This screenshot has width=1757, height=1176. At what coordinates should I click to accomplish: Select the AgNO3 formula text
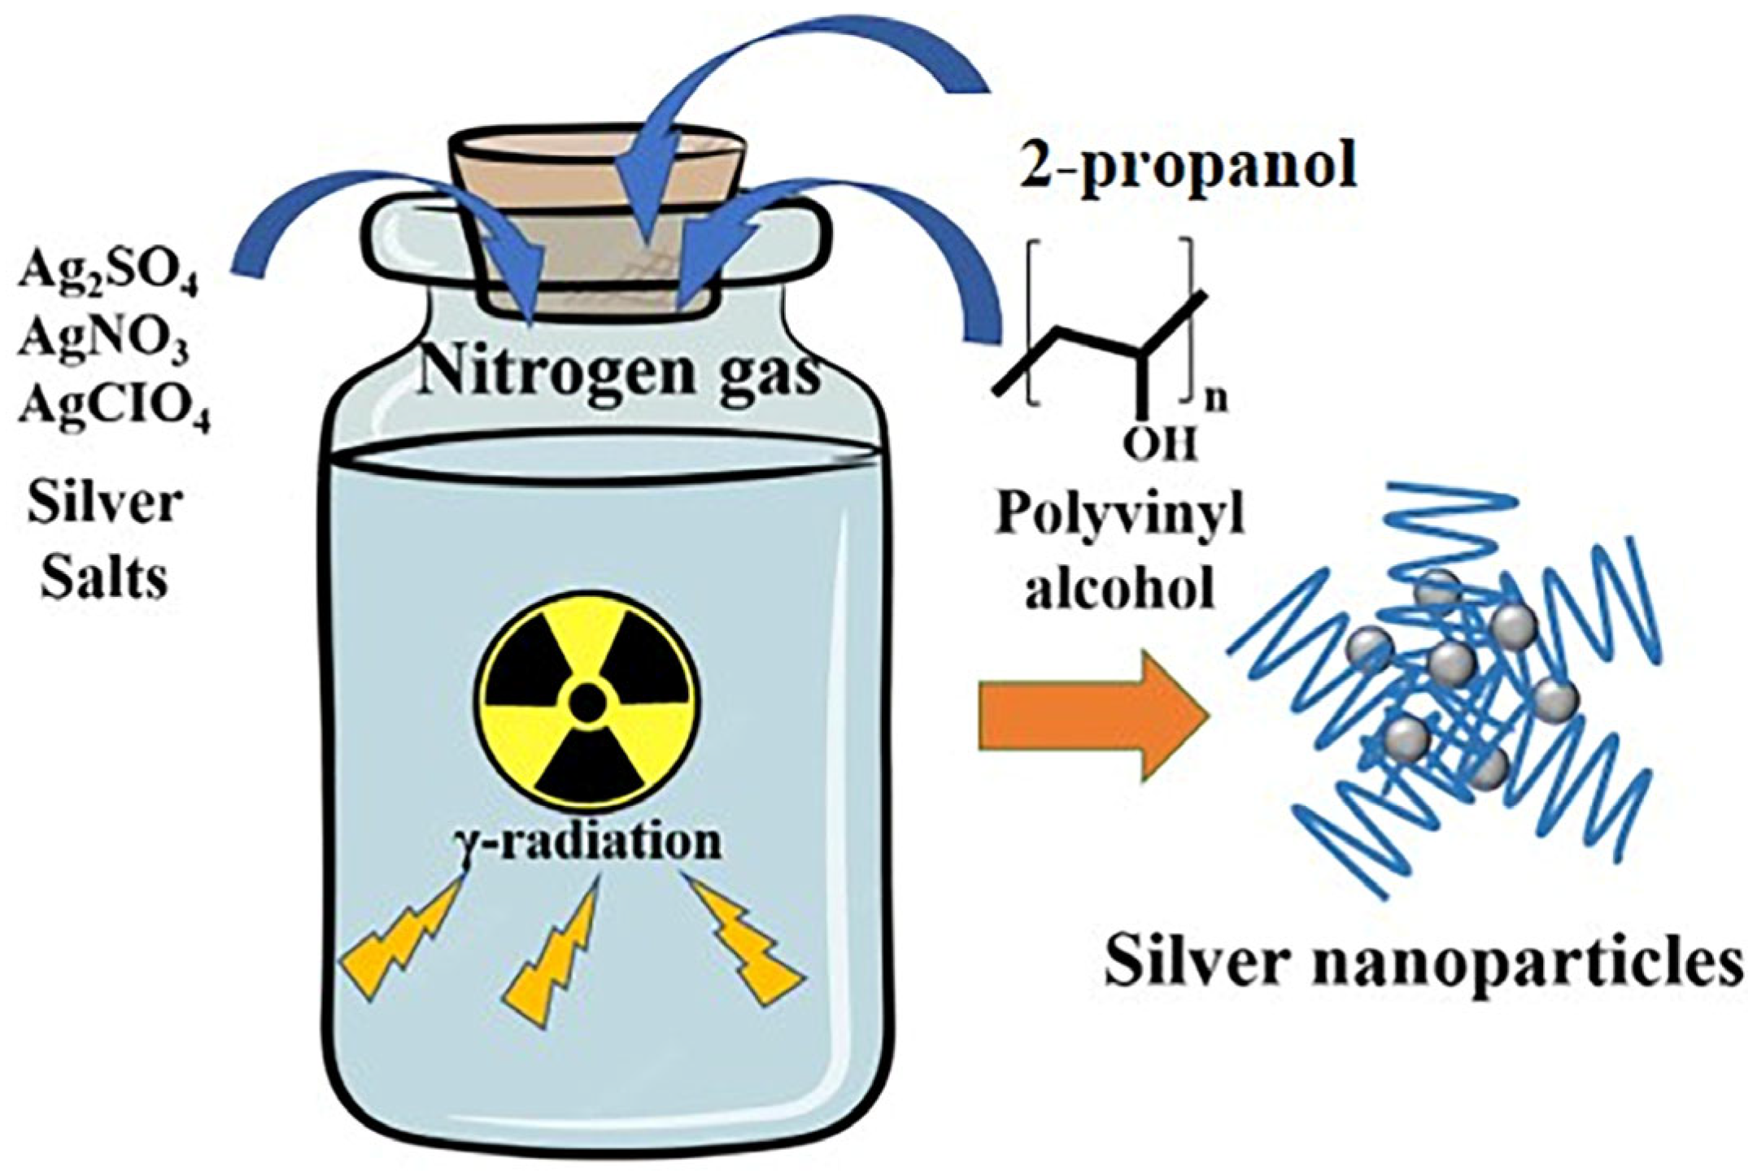click(103, 339)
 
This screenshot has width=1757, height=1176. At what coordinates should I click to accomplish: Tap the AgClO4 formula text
click(114, 404)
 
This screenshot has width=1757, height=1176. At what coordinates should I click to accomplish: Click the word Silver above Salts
click(104, 503)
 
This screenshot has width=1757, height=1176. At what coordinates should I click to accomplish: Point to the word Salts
click(104, 577)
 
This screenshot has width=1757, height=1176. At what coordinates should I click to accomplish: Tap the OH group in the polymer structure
click(1160, 444)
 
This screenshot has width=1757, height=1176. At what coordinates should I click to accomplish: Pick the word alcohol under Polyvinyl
click(1119, 587)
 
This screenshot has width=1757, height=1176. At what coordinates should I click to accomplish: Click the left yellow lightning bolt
click(399, 943)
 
